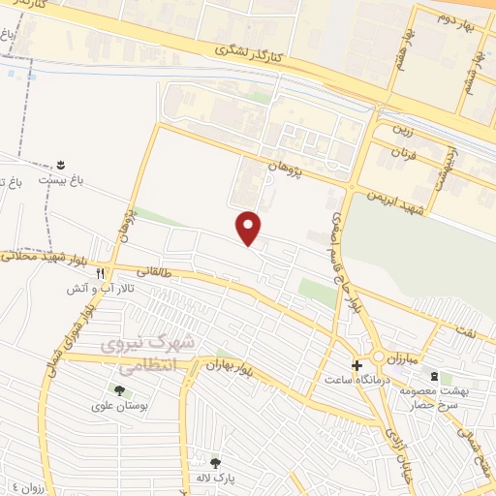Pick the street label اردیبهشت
pos(450,156)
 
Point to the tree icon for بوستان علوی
pos(119,391)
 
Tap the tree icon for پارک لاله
pos(214,462)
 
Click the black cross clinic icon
pos(357,366)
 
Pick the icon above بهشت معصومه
pos(434,376)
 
